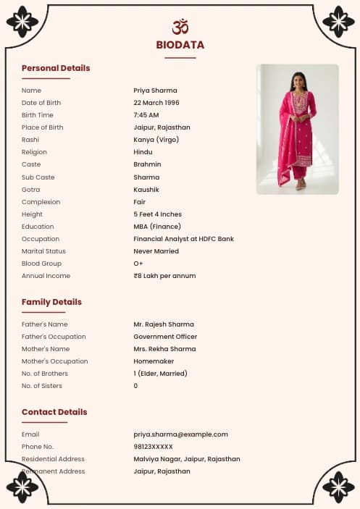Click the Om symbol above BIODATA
coord(180,27)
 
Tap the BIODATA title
coord(180,45)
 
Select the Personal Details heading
coord(56,68)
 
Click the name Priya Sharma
coord(155,91)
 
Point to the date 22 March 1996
coord(156,103)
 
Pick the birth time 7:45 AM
coord(146,115)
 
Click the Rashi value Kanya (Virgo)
coord(156,140)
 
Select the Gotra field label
coord(30,190)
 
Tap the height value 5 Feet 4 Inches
coord(157,214)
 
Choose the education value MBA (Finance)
coord(157,227)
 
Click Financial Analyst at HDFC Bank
coord(183,239)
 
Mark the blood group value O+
coord(138,264)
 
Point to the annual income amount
coord(164,276)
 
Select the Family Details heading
coord(51,302)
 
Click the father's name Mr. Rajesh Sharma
coord(164,324)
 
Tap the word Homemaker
coord(154,361)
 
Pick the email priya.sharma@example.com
coord(180,434)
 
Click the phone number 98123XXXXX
coord(153,447)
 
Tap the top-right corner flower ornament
coord(338,22)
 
